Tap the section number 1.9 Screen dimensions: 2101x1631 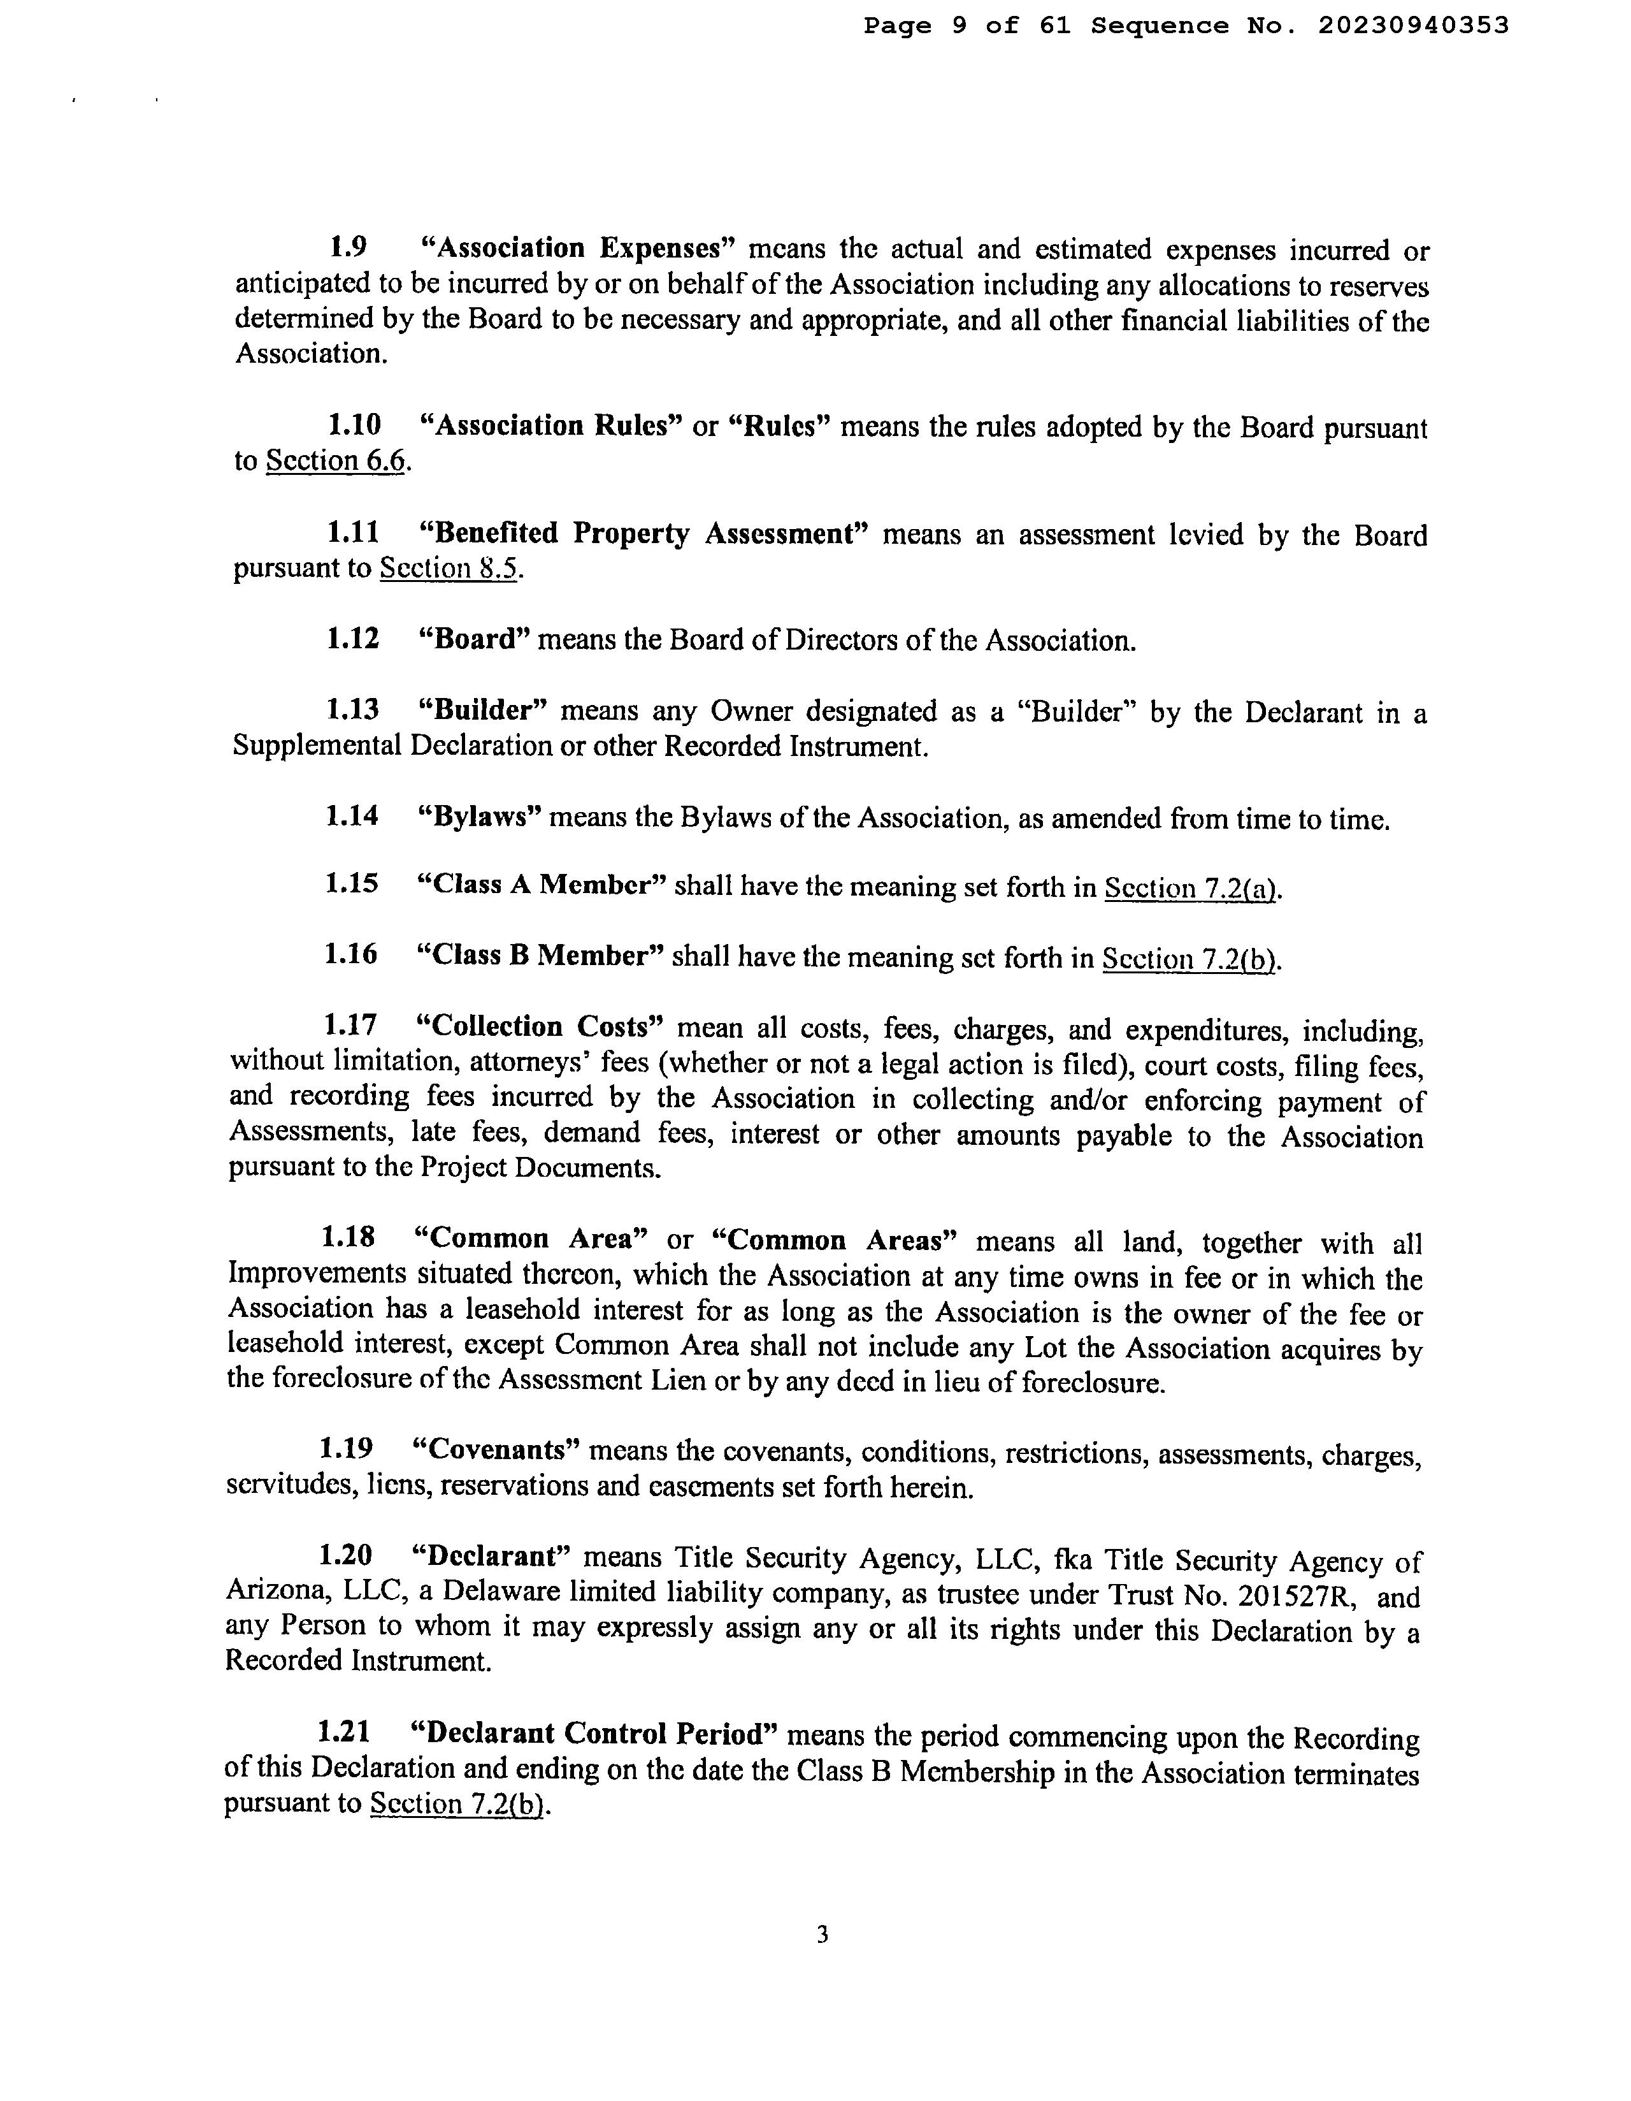pyautogui.click(x=347, y=248)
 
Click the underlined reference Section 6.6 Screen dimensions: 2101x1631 pyautogui.click(x=336, y=461)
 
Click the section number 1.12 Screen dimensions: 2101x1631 pyautogui.click(x=353, y=639)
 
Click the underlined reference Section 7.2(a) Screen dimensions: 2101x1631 pyautogui.click(x=1191, y=888)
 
